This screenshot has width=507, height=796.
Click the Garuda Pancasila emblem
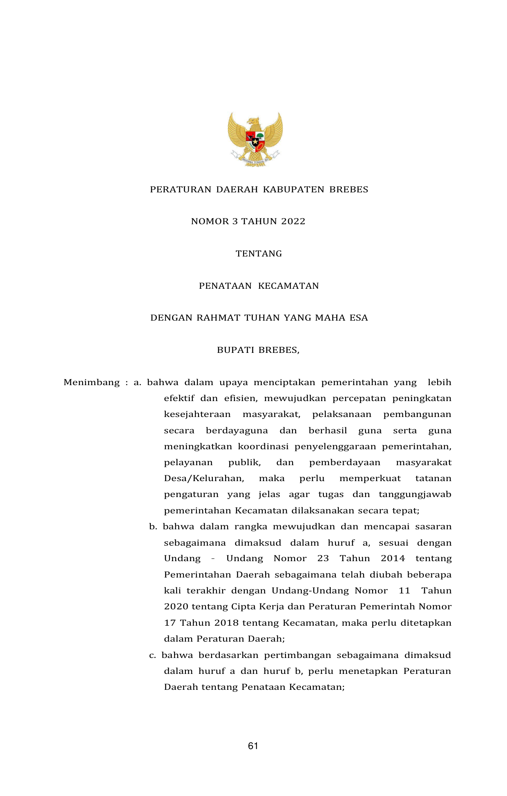click(255, 139)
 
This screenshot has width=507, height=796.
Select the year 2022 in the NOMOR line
click(293, 221)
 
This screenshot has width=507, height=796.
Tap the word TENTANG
click(259, 254)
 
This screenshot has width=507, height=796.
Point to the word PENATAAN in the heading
click(225, 286)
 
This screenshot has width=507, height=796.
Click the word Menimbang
click(92, 383)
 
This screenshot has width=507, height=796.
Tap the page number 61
click(253, 746)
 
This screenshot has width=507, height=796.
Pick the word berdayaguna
click(237, 430)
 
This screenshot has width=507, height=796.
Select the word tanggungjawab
click(415, 494)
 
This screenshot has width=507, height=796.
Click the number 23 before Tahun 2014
click(323, 558)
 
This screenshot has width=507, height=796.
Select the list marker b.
click(153, 526)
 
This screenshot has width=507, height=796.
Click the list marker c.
click(152, 655)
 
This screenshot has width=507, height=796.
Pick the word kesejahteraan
click(197, 414)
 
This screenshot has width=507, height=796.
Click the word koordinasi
click(263, 446)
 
